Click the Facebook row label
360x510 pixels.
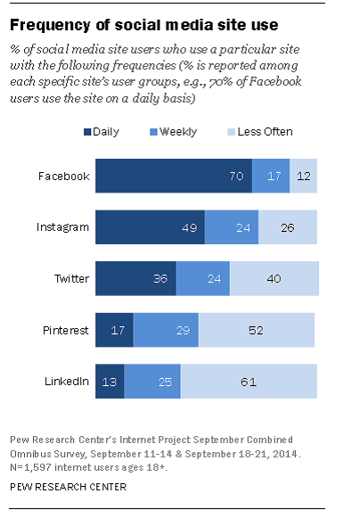pos(64,176)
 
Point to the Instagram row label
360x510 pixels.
pos(62,226)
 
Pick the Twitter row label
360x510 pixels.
pos(70,278)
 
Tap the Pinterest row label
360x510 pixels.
pos(64,329)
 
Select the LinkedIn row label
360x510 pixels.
pos(66,381)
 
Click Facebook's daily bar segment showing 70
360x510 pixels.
pos(173,176)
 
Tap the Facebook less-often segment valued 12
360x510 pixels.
pos(304,176)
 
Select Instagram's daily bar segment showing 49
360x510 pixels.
pos(150,226)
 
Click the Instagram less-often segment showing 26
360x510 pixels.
pos(288,226)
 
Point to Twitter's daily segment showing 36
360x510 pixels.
pos(135,278)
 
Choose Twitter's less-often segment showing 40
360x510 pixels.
pos(274,278)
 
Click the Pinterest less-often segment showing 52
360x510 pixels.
pos(256,329)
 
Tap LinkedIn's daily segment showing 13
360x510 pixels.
pos(110,381)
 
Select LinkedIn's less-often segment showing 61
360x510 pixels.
pos(249,381)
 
